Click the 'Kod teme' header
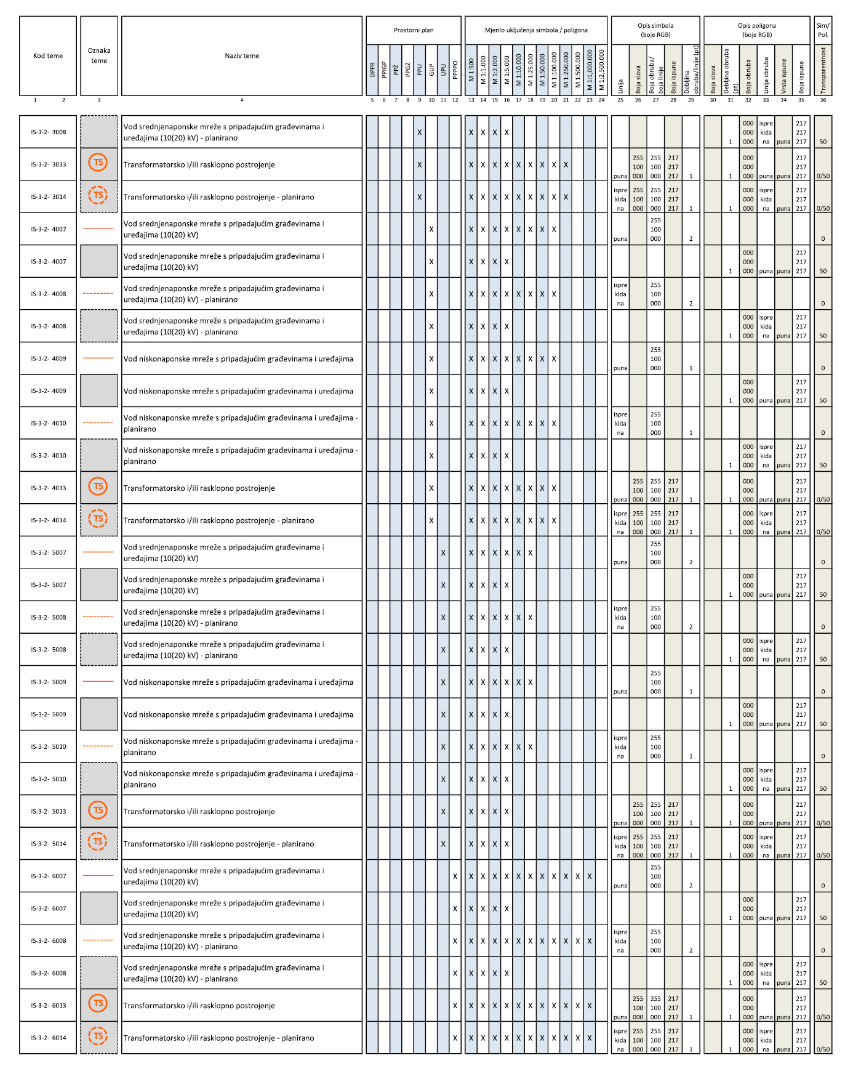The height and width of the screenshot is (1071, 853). [x=48, y=56]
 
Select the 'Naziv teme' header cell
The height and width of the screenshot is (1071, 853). [x=242, y=56]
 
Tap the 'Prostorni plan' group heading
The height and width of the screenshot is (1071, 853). [x=414, y=30]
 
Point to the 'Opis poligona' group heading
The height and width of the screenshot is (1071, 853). [x=756, y=30]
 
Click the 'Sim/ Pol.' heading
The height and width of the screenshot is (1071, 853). [x=823, y=30]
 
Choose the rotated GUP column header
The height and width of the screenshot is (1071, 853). [x=431, y=70]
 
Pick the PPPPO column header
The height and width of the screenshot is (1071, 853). [x=455, y=70]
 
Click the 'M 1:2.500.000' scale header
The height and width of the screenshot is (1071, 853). [x=601, y=70]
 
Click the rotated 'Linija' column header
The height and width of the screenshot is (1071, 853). [x=620, y=86]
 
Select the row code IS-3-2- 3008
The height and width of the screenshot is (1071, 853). [x=49, y=132]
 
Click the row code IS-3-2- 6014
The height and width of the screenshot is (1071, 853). [x=49, y=1038]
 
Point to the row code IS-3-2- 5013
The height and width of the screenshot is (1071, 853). [x=49, y=812]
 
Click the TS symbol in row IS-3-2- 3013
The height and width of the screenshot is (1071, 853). [x=98, y=163]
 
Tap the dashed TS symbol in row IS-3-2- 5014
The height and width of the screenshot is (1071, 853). [x=98, y=841]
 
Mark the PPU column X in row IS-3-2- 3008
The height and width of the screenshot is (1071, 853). [x=420, y=132]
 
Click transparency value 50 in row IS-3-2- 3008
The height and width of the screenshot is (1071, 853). [x=823, y=142]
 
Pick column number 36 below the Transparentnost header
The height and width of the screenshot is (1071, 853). [x=823, y=100]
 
